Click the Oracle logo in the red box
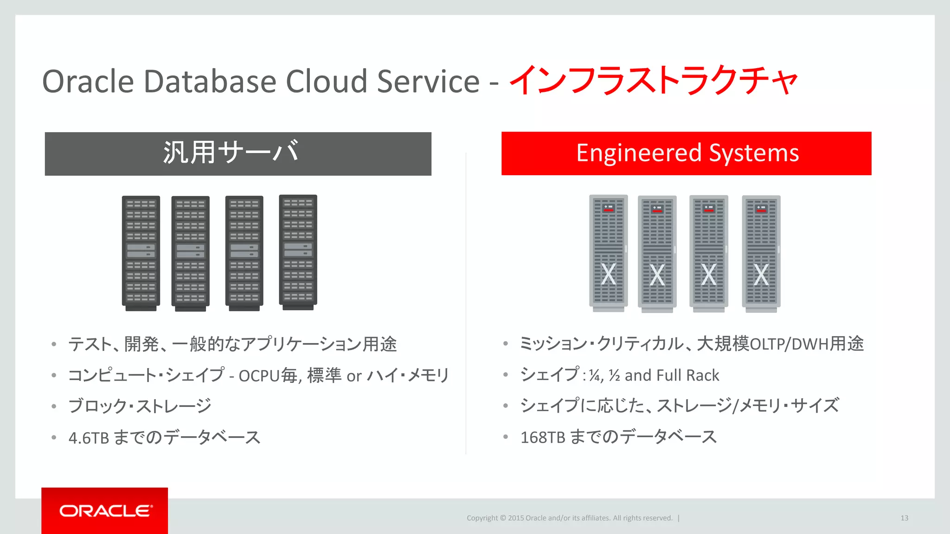105,511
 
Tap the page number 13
904,518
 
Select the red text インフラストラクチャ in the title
653,80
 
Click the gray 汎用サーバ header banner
238,153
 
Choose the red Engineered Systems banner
686,153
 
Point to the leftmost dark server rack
141,252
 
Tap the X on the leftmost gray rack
608,274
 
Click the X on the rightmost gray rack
761,275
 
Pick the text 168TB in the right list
542,438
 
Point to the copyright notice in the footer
569,518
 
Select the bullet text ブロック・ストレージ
140,406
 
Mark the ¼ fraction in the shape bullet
595,375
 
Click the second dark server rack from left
190,253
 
